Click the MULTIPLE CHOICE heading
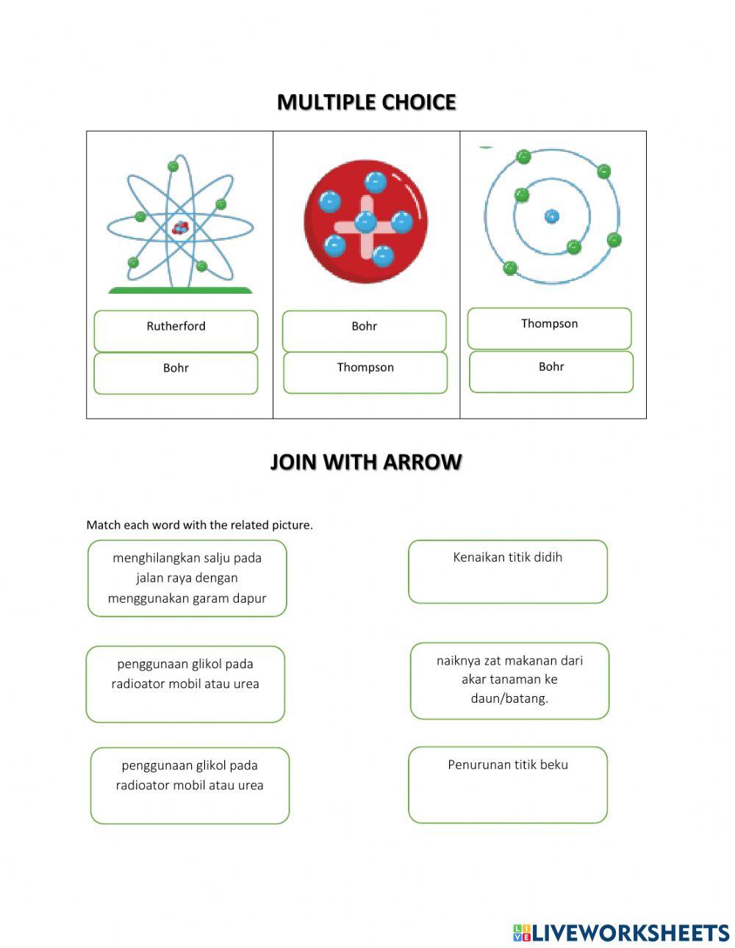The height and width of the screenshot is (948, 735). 366,102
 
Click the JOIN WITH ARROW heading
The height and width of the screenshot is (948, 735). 366,462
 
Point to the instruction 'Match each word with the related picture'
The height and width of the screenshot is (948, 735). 199,525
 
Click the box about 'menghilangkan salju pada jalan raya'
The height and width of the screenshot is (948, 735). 187,578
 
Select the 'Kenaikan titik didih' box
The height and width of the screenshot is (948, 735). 508,571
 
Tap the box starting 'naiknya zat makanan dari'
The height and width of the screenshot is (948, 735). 509,680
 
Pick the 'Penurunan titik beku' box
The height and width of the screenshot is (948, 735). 508,784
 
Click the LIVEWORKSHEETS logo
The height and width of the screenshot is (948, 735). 620,933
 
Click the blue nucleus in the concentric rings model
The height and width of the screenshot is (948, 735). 551,216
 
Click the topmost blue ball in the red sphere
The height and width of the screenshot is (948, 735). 375,181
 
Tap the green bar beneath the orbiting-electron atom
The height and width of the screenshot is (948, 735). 180,291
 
